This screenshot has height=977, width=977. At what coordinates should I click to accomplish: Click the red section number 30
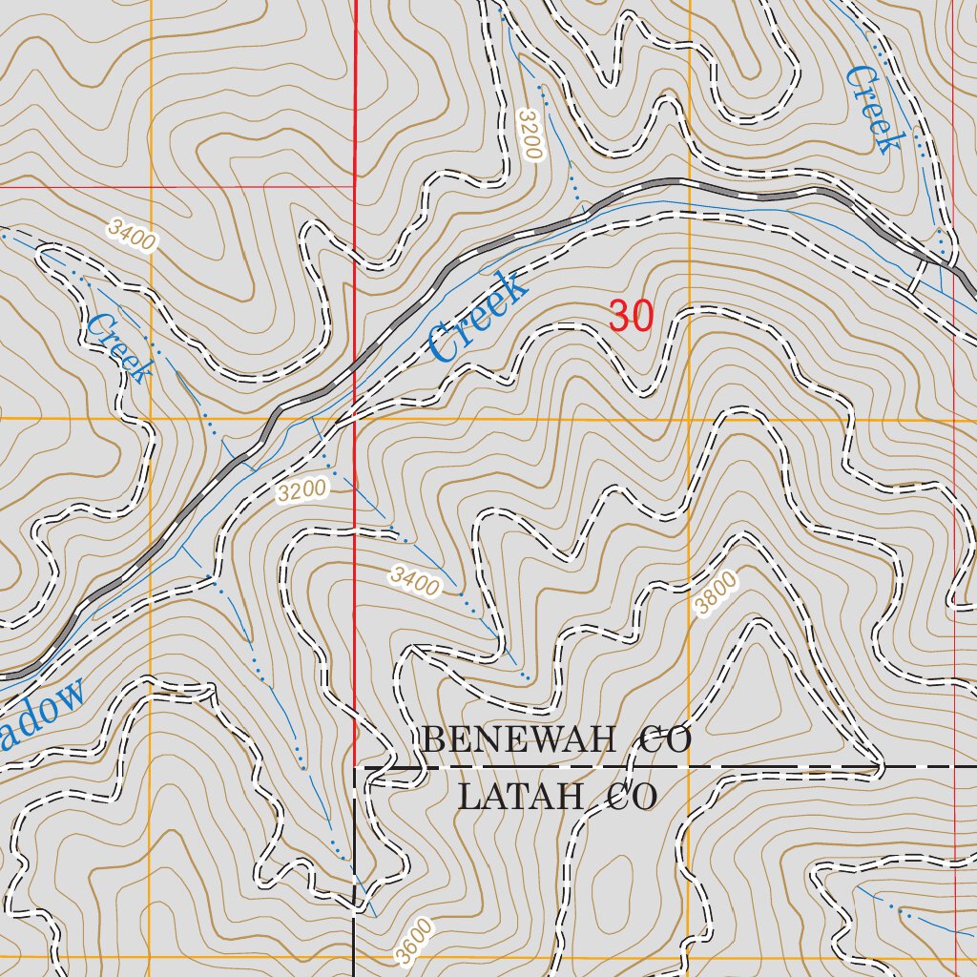(631, 317)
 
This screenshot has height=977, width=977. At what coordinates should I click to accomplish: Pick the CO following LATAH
(632, 796)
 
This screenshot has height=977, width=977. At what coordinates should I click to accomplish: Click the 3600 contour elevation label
(416, 943)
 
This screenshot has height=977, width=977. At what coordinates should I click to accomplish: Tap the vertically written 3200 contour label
(530, 135)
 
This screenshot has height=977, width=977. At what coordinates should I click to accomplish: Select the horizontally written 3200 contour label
(302, 491)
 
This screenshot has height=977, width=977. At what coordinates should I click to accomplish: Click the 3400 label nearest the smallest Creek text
(131, 235)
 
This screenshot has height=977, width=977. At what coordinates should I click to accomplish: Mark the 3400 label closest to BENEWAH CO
(415, 580)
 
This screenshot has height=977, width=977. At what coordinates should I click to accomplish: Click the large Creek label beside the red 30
(477, 317)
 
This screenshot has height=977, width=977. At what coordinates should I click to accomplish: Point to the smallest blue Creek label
(119, 348)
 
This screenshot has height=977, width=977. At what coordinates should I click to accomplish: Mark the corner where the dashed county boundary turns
(355, 766)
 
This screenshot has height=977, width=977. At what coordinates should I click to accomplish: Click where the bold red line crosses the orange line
(355, 419)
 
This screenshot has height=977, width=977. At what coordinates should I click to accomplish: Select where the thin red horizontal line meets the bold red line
(355, 186)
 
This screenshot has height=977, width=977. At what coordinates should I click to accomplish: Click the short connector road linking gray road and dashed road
(917, 275)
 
